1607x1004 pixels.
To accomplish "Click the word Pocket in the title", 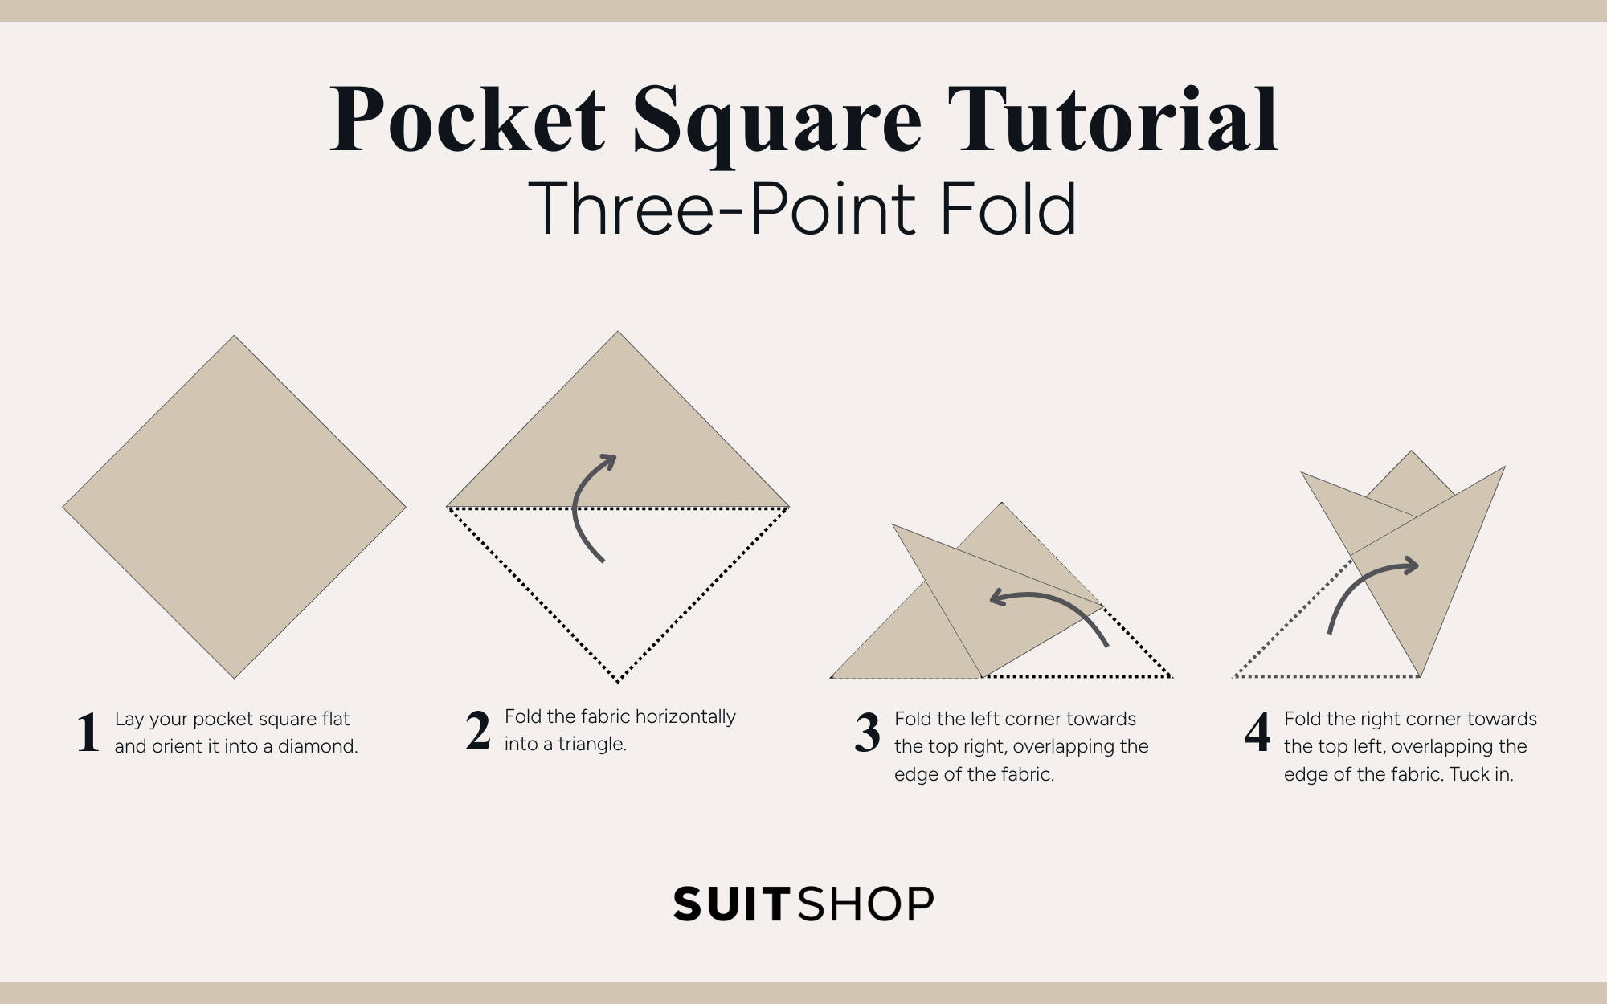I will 468,120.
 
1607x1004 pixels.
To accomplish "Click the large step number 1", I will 88,733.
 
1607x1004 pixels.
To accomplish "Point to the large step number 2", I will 478,731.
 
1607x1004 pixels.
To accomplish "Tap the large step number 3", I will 868,733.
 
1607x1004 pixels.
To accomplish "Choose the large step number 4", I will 1257,733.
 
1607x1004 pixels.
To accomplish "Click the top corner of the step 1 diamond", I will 234,337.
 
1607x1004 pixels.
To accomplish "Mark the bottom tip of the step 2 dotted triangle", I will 618,681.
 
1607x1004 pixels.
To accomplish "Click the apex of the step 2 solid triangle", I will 618,333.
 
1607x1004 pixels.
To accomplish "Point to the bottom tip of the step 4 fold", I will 1421,675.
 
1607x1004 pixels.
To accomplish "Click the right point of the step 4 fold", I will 1503,468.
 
